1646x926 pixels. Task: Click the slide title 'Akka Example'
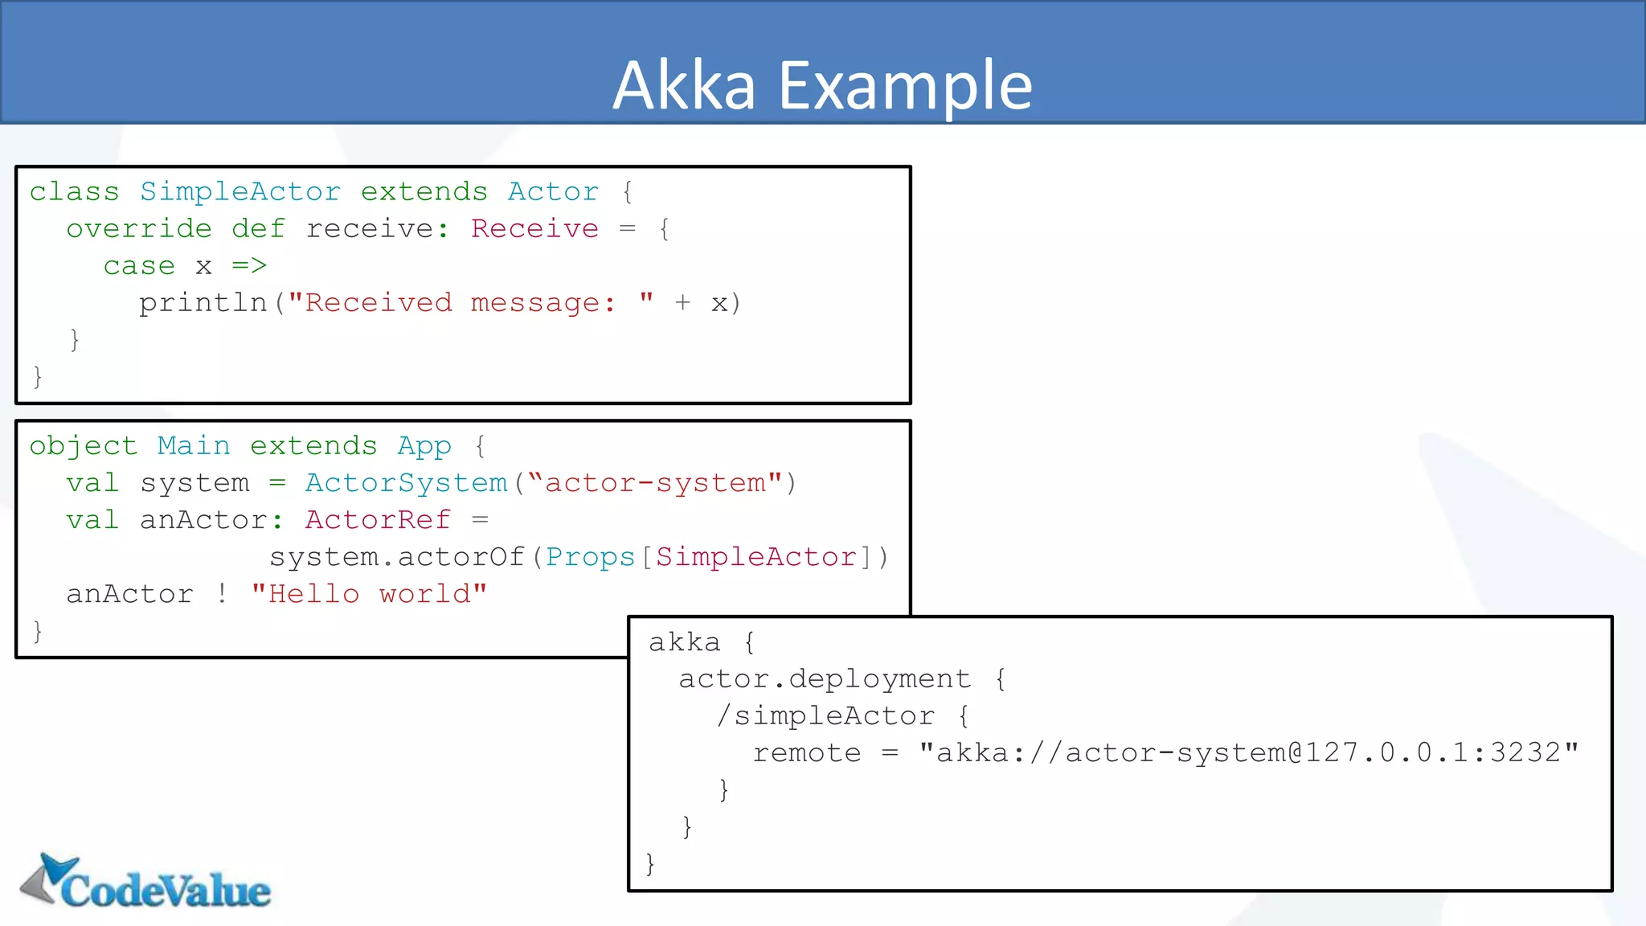pyautogui.click(x=822, y=85)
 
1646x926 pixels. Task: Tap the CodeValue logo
pyautogui.click(x=146, y=883)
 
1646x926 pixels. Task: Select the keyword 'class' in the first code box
pyautogui.click(x=74, y=192)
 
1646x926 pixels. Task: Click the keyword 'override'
pyautogui.click(x=139, y=229)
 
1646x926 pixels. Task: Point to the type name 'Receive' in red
pyautogui.click(x=534, y=229)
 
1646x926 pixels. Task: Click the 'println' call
pyautogui.click(x=203, y=303)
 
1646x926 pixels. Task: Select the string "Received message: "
pyautogui.click(x=470, y=303)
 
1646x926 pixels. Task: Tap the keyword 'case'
pyautogui.click(x=139, y=266)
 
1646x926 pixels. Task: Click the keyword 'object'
pyautogui.click(x=84, y=446)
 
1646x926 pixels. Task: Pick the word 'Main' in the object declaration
pyautogui.click(x=194, y=446)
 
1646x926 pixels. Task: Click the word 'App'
pyautogui.click(x=424, y=446)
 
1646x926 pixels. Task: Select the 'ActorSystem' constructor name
pyautogui.click(x=406, y=483)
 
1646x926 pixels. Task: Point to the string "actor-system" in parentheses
pyautogui.click(x=655, y=483)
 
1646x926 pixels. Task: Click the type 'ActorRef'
pyautogui.click(x=378, y=520)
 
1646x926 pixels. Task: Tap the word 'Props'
pyautogui.click(x=591, y=557)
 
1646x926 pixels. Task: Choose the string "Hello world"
pyautogui.click(x=369, y=594)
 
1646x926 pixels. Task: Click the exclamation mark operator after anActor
pyautogui.click(x=222, y=594)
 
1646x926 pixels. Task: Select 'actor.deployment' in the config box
pyautogui.click(x=825, y=679)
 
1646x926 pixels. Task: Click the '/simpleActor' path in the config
pyautogui.click(x=825, y=716)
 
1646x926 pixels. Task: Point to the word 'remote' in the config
pyautogui.click(x=807, y=753)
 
